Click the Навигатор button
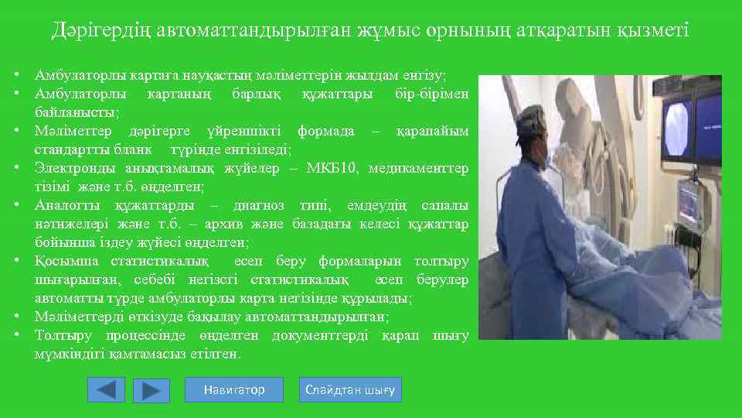234,390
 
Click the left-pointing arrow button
106,390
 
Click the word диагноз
257,206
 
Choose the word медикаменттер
420,169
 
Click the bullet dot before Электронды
16,169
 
